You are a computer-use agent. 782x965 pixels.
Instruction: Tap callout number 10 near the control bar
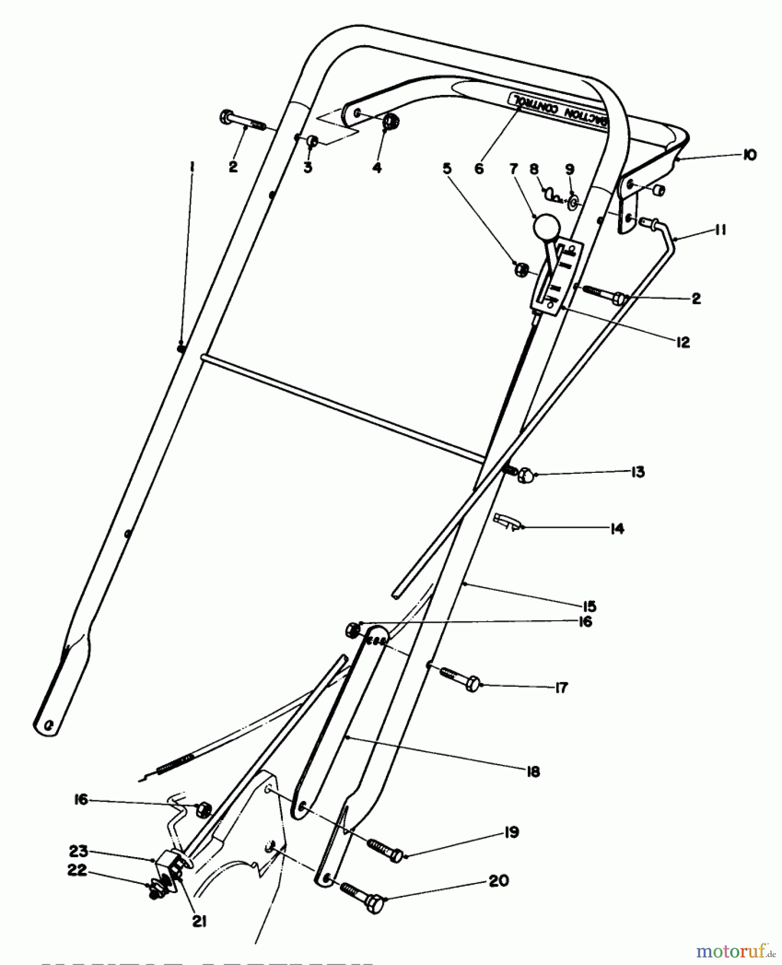coord(749,155)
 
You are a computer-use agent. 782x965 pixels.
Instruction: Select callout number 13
coord(637,472)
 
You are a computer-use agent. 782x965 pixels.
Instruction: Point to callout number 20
coord(499,881)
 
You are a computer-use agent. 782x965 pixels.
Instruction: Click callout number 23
coord(78,851)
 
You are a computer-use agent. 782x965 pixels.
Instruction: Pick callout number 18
coord(533,771)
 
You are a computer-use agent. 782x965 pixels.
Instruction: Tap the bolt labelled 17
coord(460,678)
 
